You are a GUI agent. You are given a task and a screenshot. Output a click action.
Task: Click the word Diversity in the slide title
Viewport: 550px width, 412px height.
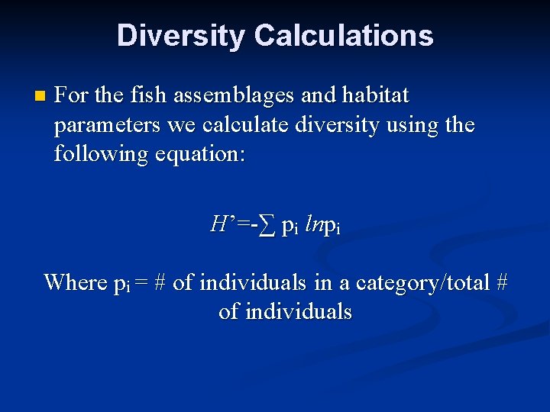(180, 36)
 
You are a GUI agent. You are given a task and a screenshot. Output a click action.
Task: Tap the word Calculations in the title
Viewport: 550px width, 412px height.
(343, 36)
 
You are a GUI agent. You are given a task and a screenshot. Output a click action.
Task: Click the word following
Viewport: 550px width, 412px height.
(104, 154)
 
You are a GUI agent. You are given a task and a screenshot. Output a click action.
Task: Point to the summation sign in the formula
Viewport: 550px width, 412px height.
(266, 225)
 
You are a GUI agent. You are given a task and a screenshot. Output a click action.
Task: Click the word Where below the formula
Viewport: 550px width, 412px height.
(75, 282)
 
